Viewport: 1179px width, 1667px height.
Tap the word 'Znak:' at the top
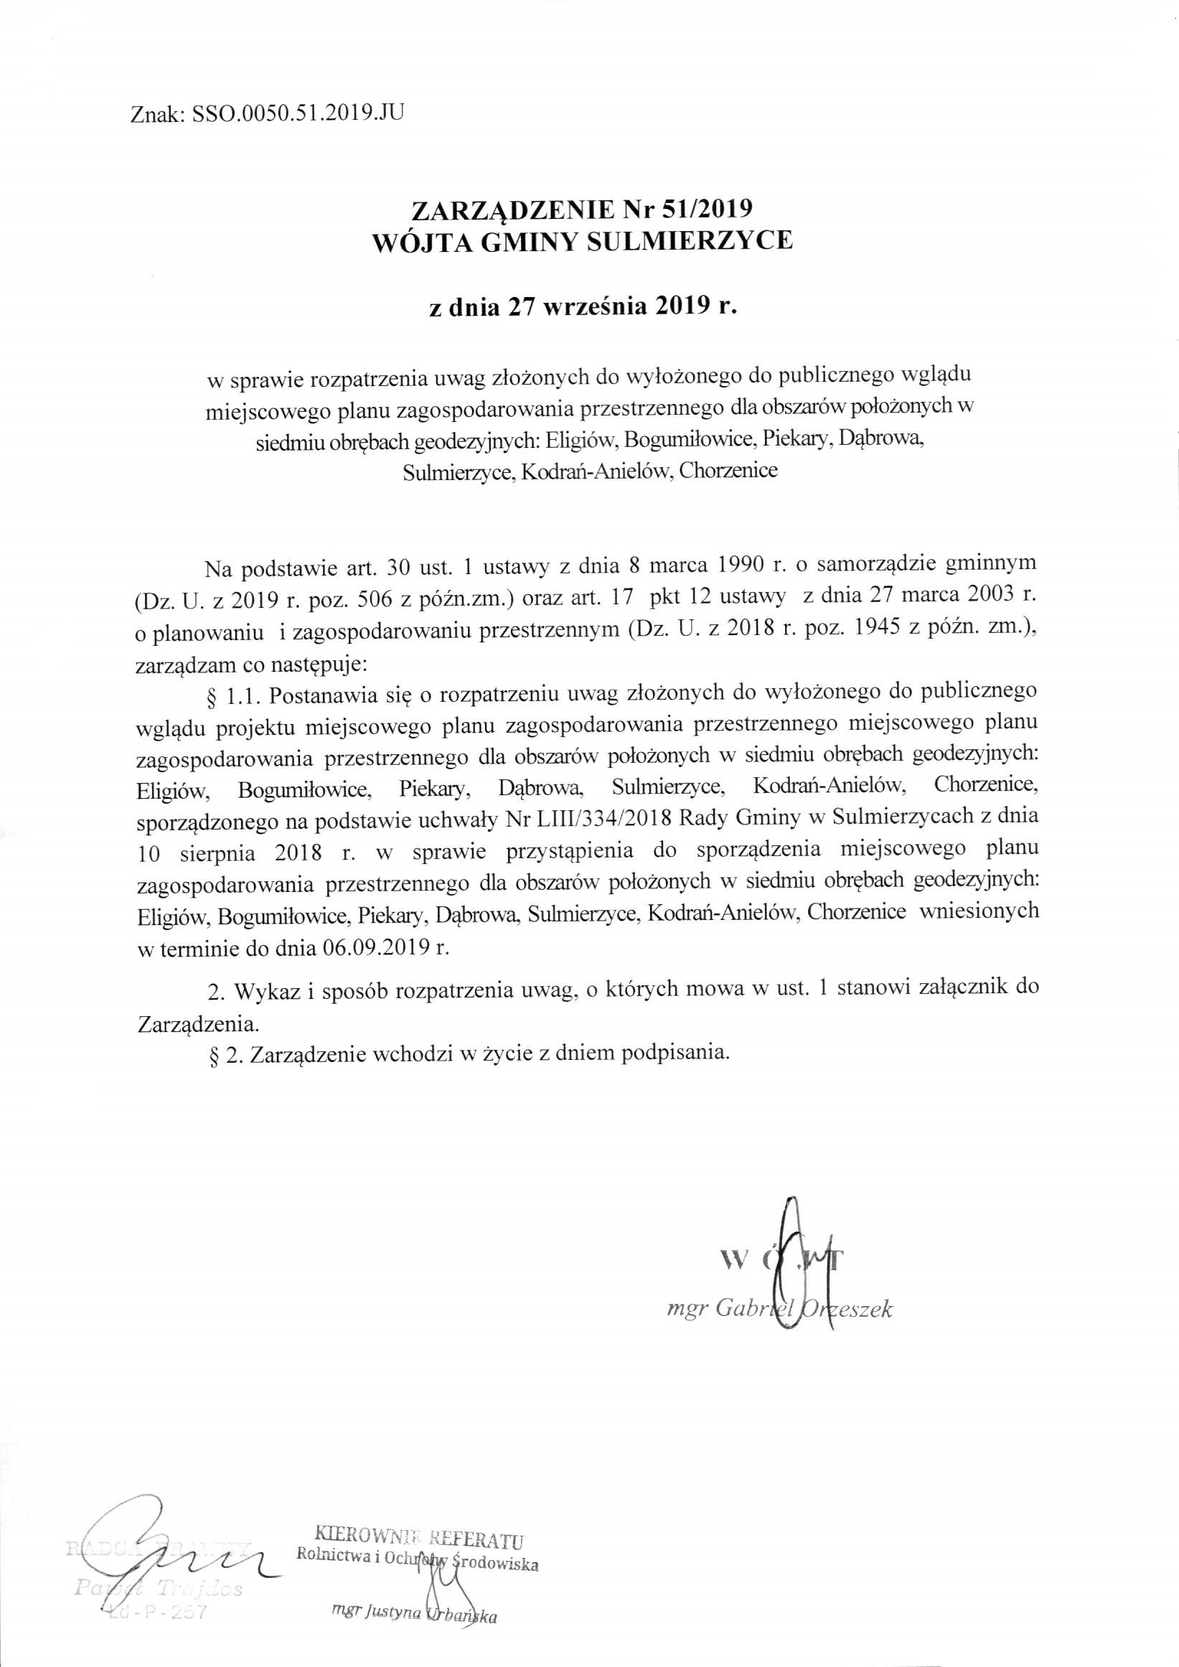[x=157, y=114]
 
